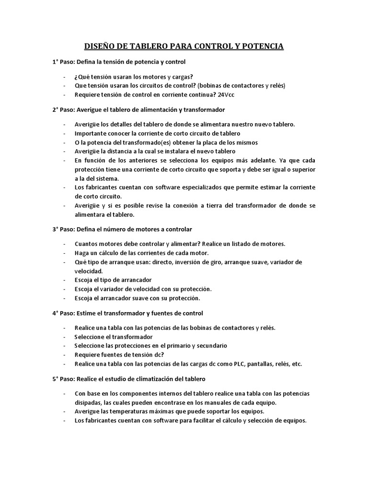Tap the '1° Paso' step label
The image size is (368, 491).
pos(62,62)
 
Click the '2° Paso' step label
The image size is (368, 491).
pos(62,109)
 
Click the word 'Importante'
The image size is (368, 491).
pos(91,133)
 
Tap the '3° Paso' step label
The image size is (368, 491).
pos(62,229)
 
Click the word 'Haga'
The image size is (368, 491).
pos(81,253)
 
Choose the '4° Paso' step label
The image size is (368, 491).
pos(62,313)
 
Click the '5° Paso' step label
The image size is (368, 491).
pos(62,378)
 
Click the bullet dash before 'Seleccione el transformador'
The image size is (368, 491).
pos(64,337)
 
